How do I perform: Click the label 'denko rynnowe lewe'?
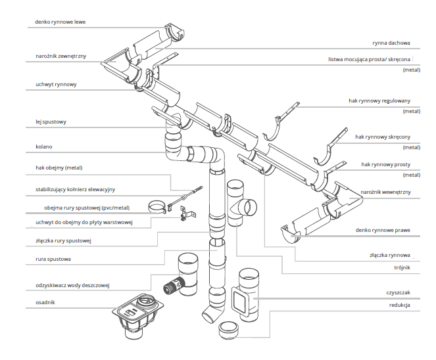(61, 22)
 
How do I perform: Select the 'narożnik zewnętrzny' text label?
(61, 56)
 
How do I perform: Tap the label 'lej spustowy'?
(51, 122)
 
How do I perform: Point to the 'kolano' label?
(44, 146)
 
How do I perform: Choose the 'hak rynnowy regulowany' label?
(379, 101)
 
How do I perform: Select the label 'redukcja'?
(399, 306)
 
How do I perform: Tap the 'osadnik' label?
(46, 302)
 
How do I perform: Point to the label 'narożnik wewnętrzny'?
(385, 192)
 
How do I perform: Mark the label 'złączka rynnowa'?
(390, 255)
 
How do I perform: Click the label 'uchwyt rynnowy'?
(57, 85)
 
